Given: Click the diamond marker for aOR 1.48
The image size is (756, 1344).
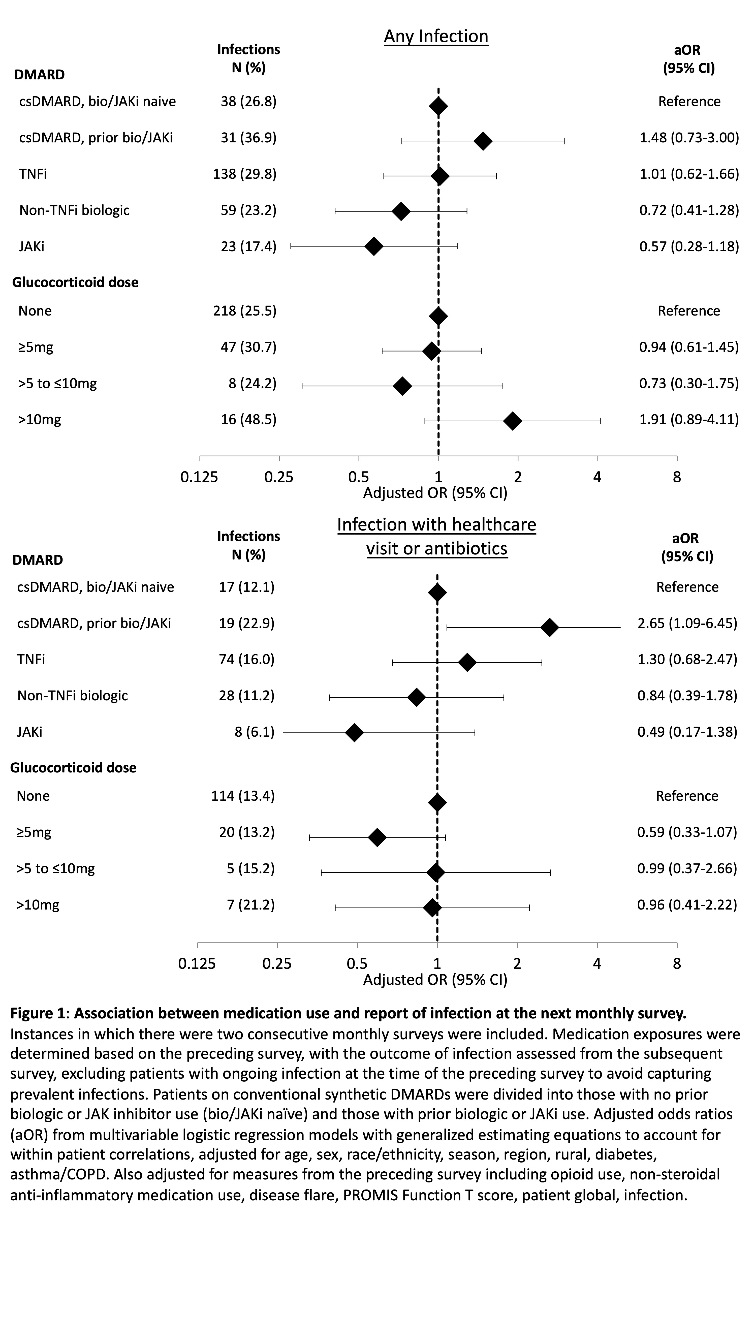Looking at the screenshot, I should (x=483, y=141).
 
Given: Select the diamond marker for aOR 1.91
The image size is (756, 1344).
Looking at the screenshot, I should (x=513, y=421).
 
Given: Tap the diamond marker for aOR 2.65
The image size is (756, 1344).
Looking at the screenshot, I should (x=549, y=628).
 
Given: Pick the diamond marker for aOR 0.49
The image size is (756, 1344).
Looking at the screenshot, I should (x=354, y=733).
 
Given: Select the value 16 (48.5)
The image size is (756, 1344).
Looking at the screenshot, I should (x=248, y=419).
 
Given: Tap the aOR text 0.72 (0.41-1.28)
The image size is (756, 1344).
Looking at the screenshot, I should (x=689, y=210).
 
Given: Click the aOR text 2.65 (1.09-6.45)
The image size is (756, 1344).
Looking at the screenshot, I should (x=687, y=623).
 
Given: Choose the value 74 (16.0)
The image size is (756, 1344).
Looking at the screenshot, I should (x=246, y=660).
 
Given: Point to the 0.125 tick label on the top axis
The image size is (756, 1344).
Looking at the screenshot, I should (x=199, y=477).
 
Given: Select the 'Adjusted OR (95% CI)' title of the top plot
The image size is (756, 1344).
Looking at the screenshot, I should (x=435, y=493).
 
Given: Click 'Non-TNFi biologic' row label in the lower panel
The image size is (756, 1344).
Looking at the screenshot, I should (x=73, y=696).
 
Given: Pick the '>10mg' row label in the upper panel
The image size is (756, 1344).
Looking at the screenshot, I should (x=40, y=419).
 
